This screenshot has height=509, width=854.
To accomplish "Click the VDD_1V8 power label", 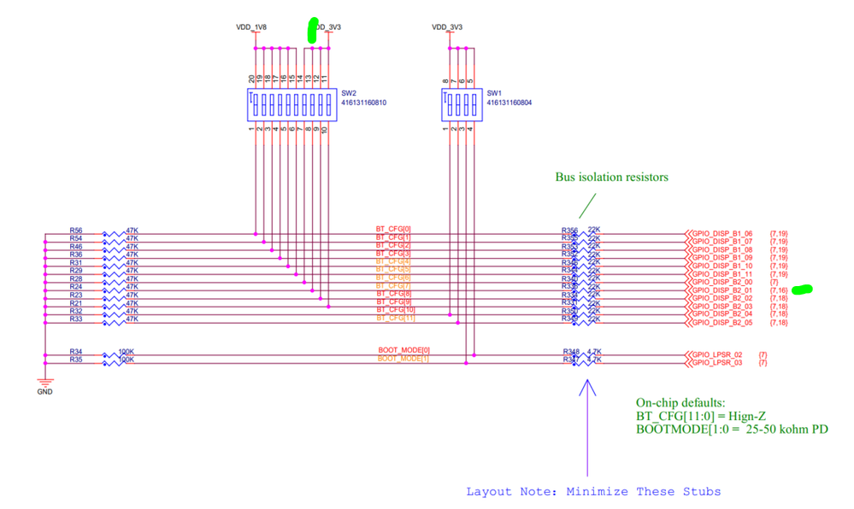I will click(x=251, y=27).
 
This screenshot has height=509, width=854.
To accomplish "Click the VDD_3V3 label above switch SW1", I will click(x=447, y=27).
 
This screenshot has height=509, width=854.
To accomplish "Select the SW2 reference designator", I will click(x=349, y=93).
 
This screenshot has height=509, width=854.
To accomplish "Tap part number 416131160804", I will click(x=509, y=102).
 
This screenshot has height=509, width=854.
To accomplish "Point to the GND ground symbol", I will click(x=44, y=384).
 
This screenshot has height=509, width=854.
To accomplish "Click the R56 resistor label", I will click(x=76, y=231).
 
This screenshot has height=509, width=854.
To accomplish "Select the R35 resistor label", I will click(x=76, y=360).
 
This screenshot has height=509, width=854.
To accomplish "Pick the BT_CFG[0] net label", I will click(x=393, y=229).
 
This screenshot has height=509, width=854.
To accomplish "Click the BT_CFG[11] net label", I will click(x=394, y=319).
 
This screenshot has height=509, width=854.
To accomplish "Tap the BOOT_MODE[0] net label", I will click(x=404, y=350).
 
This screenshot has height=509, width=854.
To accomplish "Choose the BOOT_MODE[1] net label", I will click(x=404, y=359).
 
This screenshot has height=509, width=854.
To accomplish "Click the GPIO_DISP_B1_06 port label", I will click(x=722, y=233).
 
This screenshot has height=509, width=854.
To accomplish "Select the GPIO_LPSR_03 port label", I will click(x=717, y=363).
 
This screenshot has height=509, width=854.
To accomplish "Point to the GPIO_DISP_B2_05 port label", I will click(x=722, y=323).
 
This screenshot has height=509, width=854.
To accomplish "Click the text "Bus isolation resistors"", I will click(x=611, y=178).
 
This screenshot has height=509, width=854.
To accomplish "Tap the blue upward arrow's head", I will click(x=587, y=385).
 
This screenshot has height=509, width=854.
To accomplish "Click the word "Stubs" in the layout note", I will click(x=702, y=491).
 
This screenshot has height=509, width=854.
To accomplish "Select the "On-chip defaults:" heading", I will click(x=680, y=402).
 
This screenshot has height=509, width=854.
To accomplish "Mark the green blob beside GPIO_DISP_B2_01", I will click(x=802, y=290).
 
